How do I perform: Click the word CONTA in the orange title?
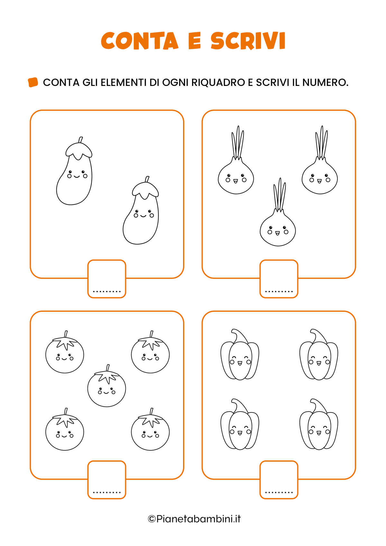[x=140, y=41]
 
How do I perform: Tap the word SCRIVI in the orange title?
[x=248, y=41]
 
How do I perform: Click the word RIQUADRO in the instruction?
[x=218, y=82]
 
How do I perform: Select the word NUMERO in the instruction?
[x=325, y=82]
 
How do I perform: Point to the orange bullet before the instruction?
[x=33, y=82]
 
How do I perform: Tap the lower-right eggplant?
[x=141, y=210]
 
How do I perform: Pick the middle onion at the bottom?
[x=278, y=212]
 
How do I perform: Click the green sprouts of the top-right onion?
[x=321, y=142]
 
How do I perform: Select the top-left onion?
[x=236, y=160]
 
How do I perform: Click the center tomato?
[x=107, y=386]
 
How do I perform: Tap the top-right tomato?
[x=150, y=352]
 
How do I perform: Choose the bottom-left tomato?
[x=65, y=429]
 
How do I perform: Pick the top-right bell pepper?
[x=319, y=354]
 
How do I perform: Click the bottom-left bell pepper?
[x=240, y=424]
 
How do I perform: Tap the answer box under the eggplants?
[x=107, y=279]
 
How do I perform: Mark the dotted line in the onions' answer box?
[x=279, y=291]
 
